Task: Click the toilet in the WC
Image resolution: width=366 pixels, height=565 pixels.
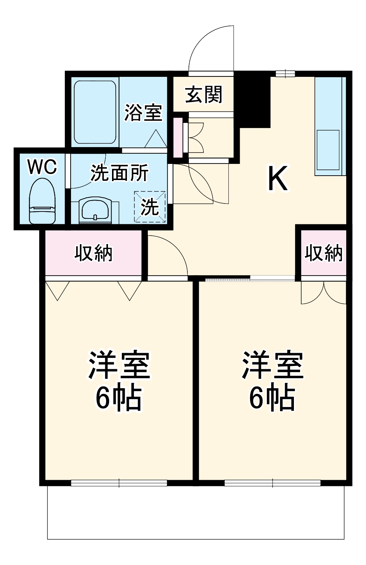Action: click(x=42, y=201)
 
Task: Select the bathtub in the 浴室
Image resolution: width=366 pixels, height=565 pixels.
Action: click(x=96, y=112)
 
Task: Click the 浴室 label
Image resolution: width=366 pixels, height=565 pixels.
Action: click(x=143, y=112)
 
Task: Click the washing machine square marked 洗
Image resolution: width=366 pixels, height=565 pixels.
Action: click(x=150, y=207)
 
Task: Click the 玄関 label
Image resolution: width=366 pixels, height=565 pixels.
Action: click(x=203, y=94)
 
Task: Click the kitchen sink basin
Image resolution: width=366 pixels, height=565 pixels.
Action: click(x=328, y=150)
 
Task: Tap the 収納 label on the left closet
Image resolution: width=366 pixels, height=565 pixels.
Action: click(x=93, y=253)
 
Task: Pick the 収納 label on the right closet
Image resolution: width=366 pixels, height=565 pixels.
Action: click(x=324, y=253)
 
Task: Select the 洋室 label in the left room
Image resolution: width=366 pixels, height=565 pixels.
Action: click(x=118, y=365)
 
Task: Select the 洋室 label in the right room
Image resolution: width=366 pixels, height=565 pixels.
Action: click(x=272, y=365)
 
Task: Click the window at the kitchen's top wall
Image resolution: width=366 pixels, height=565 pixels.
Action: click(x=285, y=74)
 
